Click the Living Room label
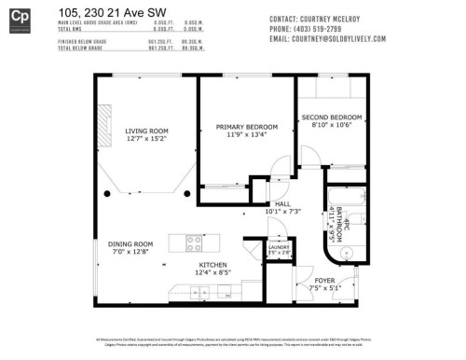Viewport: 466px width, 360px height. pos(147,131)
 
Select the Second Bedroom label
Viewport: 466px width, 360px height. pos(331,118)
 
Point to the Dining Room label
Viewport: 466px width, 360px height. pos(130,244)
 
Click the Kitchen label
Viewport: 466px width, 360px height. pos(212,265)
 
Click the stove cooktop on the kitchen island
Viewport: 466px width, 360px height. pos(195,243)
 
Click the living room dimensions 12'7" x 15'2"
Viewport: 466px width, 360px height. pos(147,139)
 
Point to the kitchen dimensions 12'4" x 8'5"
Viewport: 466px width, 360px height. pos(212,273)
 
